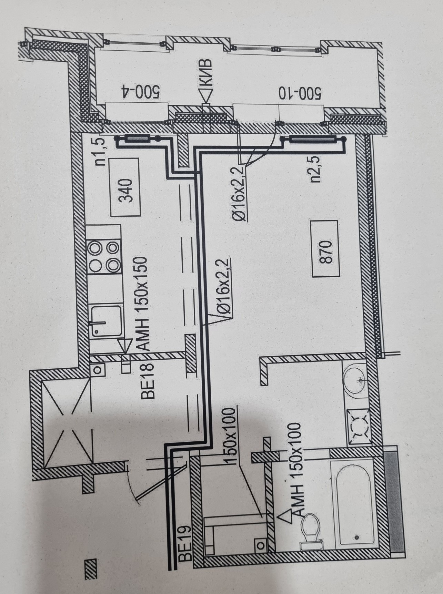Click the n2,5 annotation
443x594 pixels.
coord(315,168)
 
